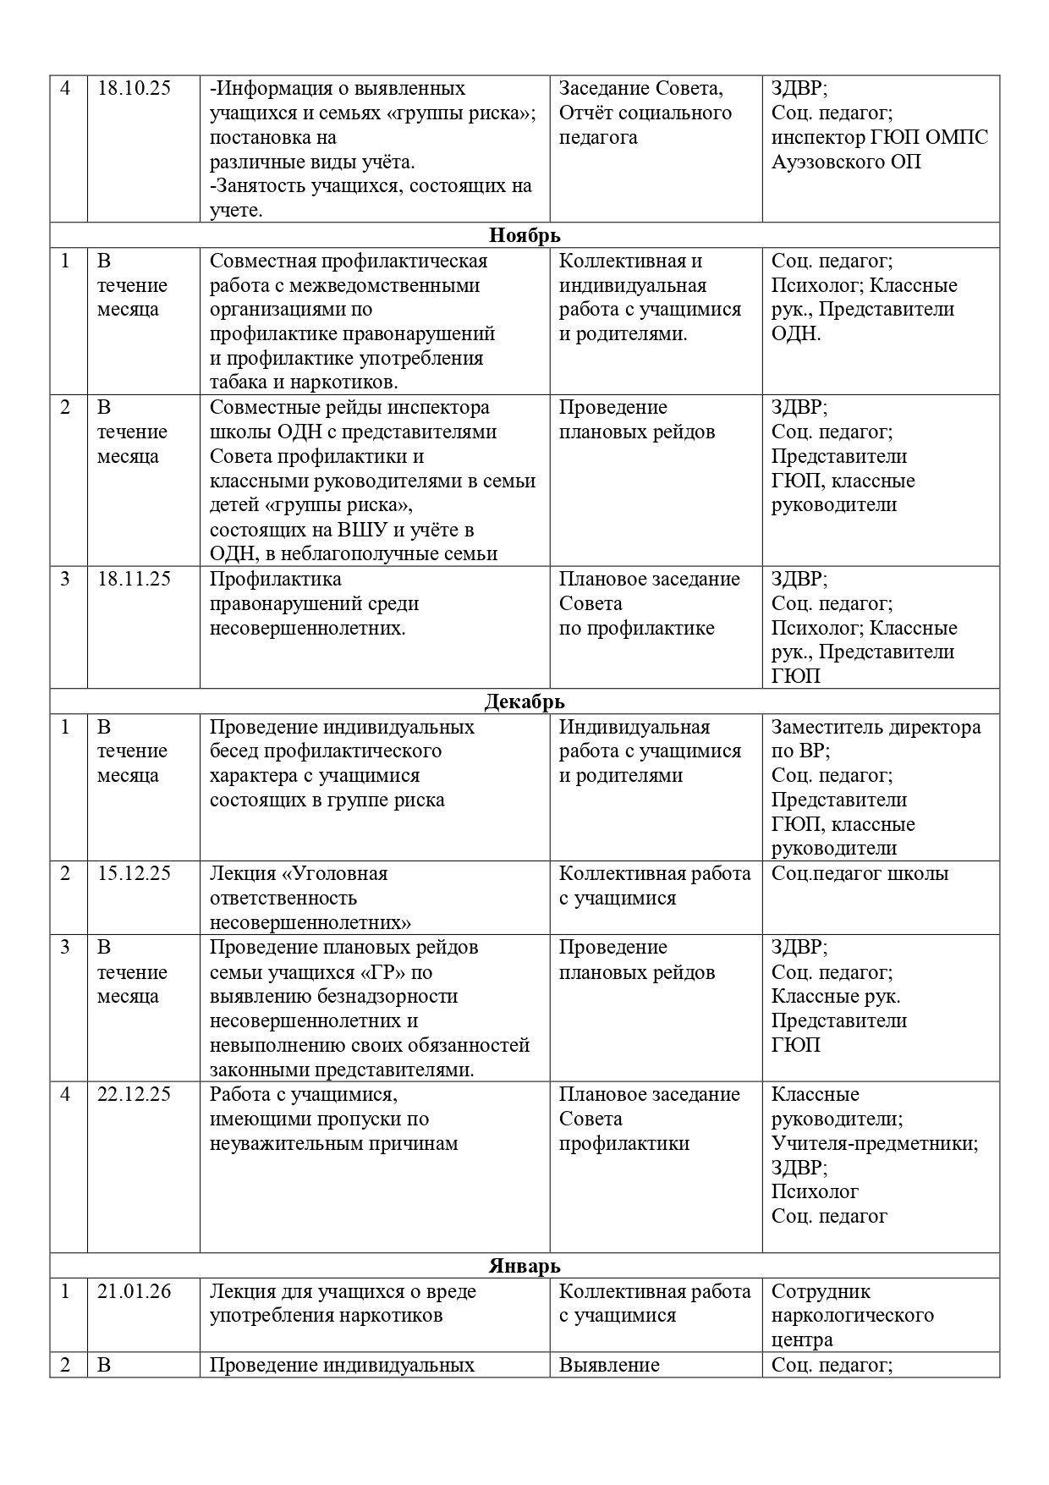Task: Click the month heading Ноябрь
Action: [x=524, y=235]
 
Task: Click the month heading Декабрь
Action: [x=524, y=701]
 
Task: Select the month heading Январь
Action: [x=524, y=1266]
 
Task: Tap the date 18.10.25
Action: [x=135, y=89]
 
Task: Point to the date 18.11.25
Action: [x=135, y=580]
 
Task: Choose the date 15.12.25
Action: [x=135, y=874]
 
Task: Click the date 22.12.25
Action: [x=135, y=1095]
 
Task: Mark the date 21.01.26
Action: [x=135, y=1292]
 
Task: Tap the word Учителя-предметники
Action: [x=875, y=1144]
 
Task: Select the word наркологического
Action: [x=853, y=1316]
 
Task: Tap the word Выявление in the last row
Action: [x=609, y=1365]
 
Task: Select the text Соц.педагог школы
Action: [x=860, y=874]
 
